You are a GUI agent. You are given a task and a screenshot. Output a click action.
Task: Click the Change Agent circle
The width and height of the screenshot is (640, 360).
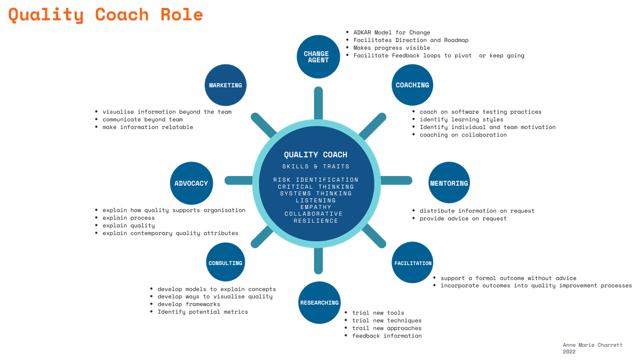[x=318, y=57]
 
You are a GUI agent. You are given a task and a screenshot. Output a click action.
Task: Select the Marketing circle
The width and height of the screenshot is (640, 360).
[x=226, y=85]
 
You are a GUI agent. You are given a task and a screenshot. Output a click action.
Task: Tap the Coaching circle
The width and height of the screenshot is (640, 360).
[x=412, y=85]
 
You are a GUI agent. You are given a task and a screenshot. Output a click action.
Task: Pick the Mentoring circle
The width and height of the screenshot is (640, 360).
[x=449, y=183]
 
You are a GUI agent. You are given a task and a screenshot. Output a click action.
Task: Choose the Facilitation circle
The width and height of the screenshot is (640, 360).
[x=412, y=262]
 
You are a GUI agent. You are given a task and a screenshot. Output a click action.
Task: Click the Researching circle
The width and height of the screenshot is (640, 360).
[x=319, y=302]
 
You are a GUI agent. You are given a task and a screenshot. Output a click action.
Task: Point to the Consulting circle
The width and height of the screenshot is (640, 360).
[x=226, y=262]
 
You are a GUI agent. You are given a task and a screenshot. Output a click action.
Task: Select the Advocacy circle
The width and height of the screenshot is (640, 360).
[x=191, y=183]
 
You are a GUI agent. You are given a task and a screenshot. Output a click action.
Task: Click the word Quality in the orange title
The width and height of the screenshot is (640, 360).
[x=46, y=15]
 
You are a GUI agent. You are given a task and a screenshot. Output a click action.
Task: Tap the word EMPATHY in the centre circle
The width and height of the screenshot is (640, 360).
[x=316, y=207]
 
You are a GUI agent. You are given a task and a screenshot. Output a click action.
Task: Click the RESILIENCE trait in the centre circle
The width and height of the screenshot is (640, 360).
[x=316, y=221]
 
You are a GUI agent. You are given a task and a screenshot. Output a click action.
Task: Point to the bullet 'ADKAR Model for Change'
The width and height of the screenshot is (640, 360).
[x=391, y=33]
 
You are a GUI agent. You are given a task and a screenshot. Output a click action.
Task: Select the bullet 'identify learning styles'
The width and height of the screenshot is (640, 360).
[x=461, y=119]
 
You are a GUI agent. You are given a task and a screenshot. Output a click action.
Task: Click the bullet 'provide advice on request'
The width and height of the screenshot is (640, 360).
[x=463, y=219]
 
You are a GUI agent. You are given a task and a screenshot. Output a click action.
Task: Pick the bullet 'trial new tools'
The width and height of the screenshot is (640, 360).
[x=378, y=313]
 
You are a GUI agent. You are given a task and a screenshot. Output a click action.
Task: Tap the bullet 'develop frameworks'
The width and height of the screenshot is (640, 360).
[x=189, y=305]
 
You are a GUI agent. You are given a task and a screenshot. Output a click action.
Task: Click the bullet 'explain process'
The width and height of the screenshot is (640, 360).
[x=129, y=218]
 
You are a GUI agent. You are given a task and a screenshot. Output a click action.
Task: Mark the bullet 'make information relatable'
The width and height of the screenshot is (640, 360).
[x=148, y=127]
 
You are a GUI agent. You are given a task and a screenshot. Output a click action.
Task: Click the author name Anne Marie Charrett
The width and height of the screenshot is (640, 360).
[x=593, y=345]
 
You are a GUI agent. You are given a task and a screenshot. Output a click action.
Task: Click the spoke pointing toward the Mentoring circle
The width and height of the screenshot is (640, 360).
[x=397, y=180]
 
